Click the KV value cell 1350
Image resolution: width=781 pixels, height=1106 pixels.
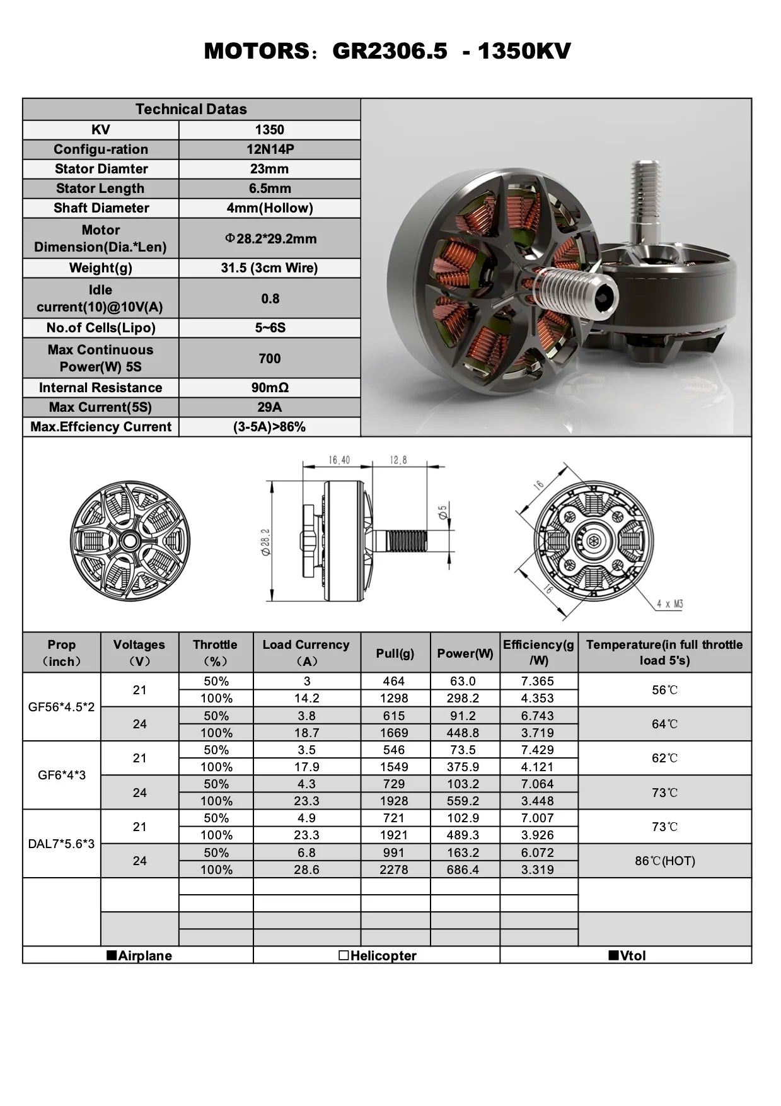(x=269, y=130)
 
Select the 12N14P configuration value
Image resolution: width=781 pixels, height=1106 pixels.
(x=269, y=149)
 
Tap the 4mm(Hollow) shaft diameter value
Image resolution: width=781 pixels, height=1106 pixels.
(x=269, y=208)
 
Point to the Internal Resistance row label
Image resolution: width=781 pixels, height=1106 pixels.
(x=100, y=388)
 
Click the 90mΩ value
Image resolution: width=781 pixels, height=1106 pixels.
(x=269, y=388)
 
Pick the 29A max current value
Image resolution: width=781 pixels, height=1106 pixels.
(x=269, y=407)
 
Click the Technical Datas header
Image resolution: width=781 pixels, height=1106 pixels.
(x=191, y=109)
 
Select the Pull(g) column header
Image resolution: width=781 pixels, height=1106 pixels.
(x=395, y=653)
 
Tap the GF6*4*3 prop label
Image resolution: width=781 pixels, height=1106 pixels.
(x=61, y=775)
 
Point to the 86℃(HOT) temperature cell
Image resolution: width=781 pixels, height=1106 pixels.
(x=664, y=861)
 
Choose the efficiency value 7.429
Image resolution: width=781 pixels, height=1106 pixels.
(x=537, y=750)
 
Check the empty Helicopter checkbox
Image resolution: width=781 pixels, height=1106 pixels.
(x=344, y=955)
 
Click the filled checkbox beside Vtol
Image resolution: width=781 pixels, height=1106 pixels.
(x=613, y=955)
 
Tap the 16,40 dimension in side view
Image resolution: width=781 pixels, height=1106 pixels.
(x=338, y=460)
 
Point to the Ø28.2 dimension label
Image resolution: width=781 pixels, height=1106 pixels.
(x=266, y=542)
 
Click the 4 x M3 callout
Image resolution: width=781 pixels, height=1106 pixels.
(x=669, y=604)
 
